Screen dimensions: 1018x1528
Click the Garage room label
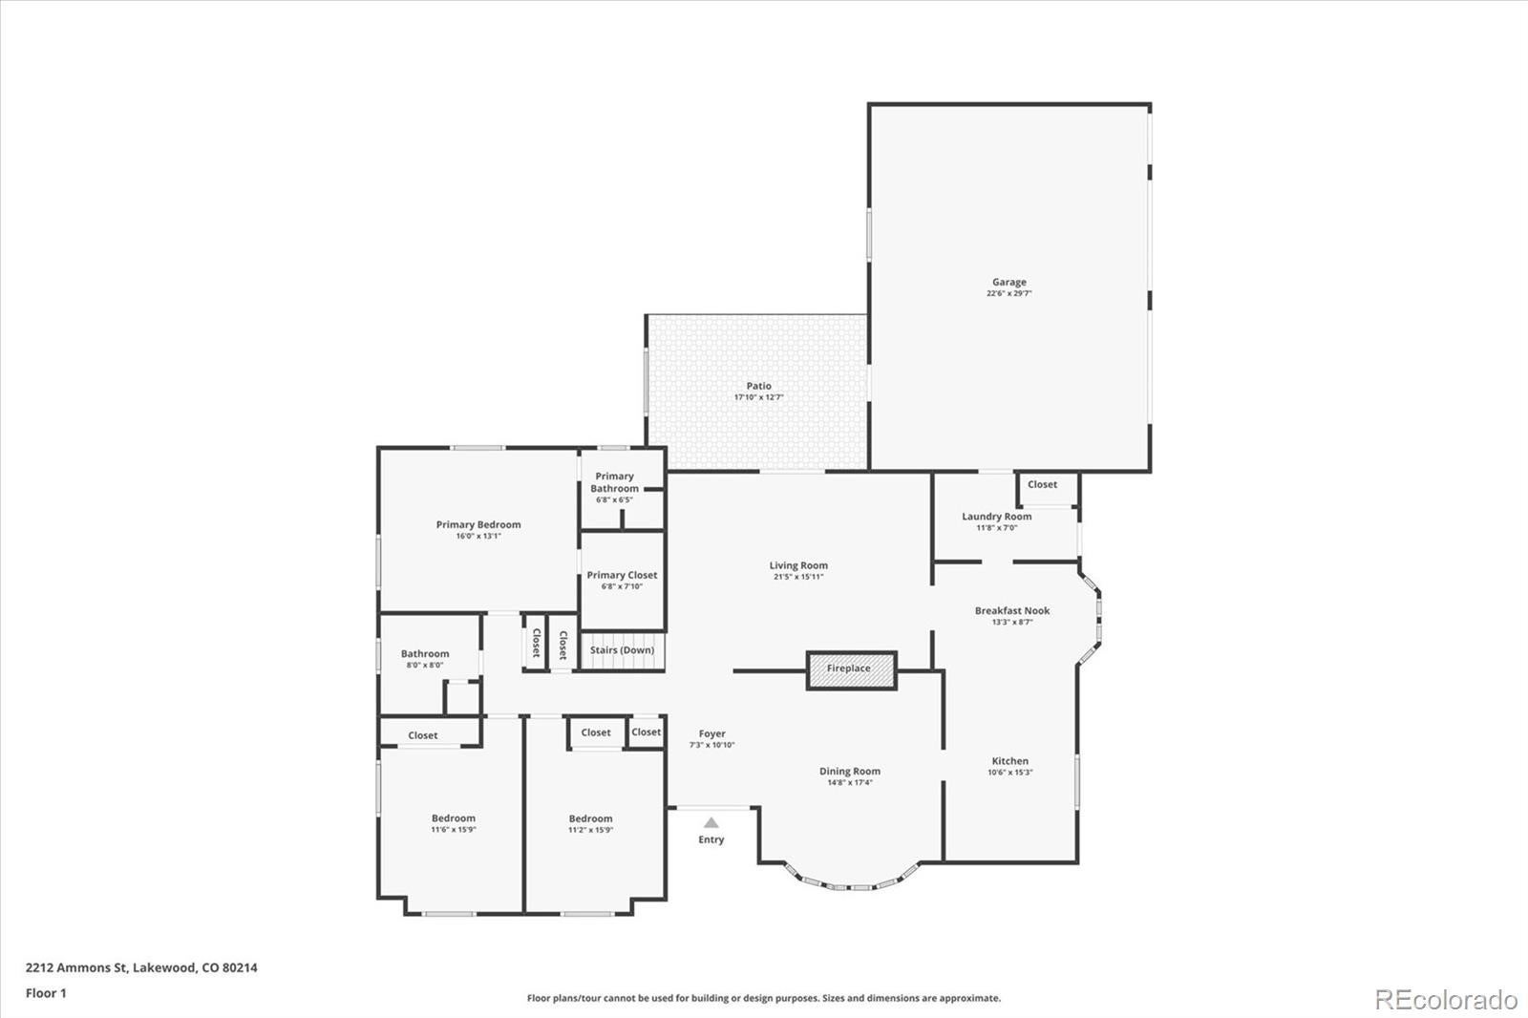click(x=1008, y=282)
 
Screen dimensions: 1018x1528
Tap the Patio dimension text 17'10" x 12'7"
click(x=758, y=397)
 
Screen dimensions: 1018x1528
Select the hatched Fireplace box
click(x=851, y=669)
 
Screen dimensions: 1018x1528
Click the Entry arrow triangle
click(x=711, y=822)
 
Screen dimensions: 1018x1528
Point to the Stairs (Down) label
click(x=622, y=650)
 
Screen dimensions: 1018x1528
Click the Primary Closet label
click(x=622, y=575)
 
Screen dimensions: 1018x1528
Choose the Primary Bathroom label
click(x=614, y=482)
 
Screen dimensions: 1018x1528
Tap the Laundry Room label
click(x=996, y=517)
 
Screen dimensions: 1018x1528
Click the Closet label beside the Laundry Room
click(x=1042, y=484)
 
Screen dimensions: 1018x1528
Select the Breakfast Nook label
click(x=1011, y=610)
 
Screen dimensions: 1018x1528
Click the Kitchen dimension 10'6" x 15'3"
click(x=1009, y=773)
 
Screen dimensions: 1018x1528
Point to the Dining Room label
click(x=849, y=771)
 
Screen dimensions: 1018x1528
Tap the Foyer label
click(x=711, y=733)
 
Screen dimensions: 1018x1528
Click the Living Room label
click(x=798, y=565)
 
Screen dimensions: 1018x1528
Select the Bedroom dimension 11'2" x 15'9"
click(x=590, y=830)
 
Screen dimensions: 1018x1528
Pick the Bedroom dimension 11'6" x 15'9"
click(x=453, y=830)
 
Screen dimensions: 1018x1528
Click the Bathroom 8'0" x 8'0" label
click(x=424, y=654)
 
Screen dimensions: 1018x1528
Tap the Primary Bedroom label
click(x=478, y=524)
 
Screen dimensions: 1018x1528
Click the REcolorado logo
click(x=1445, y=1000)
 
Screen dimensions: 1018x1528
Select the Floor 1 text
click(x=46, y=993)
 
